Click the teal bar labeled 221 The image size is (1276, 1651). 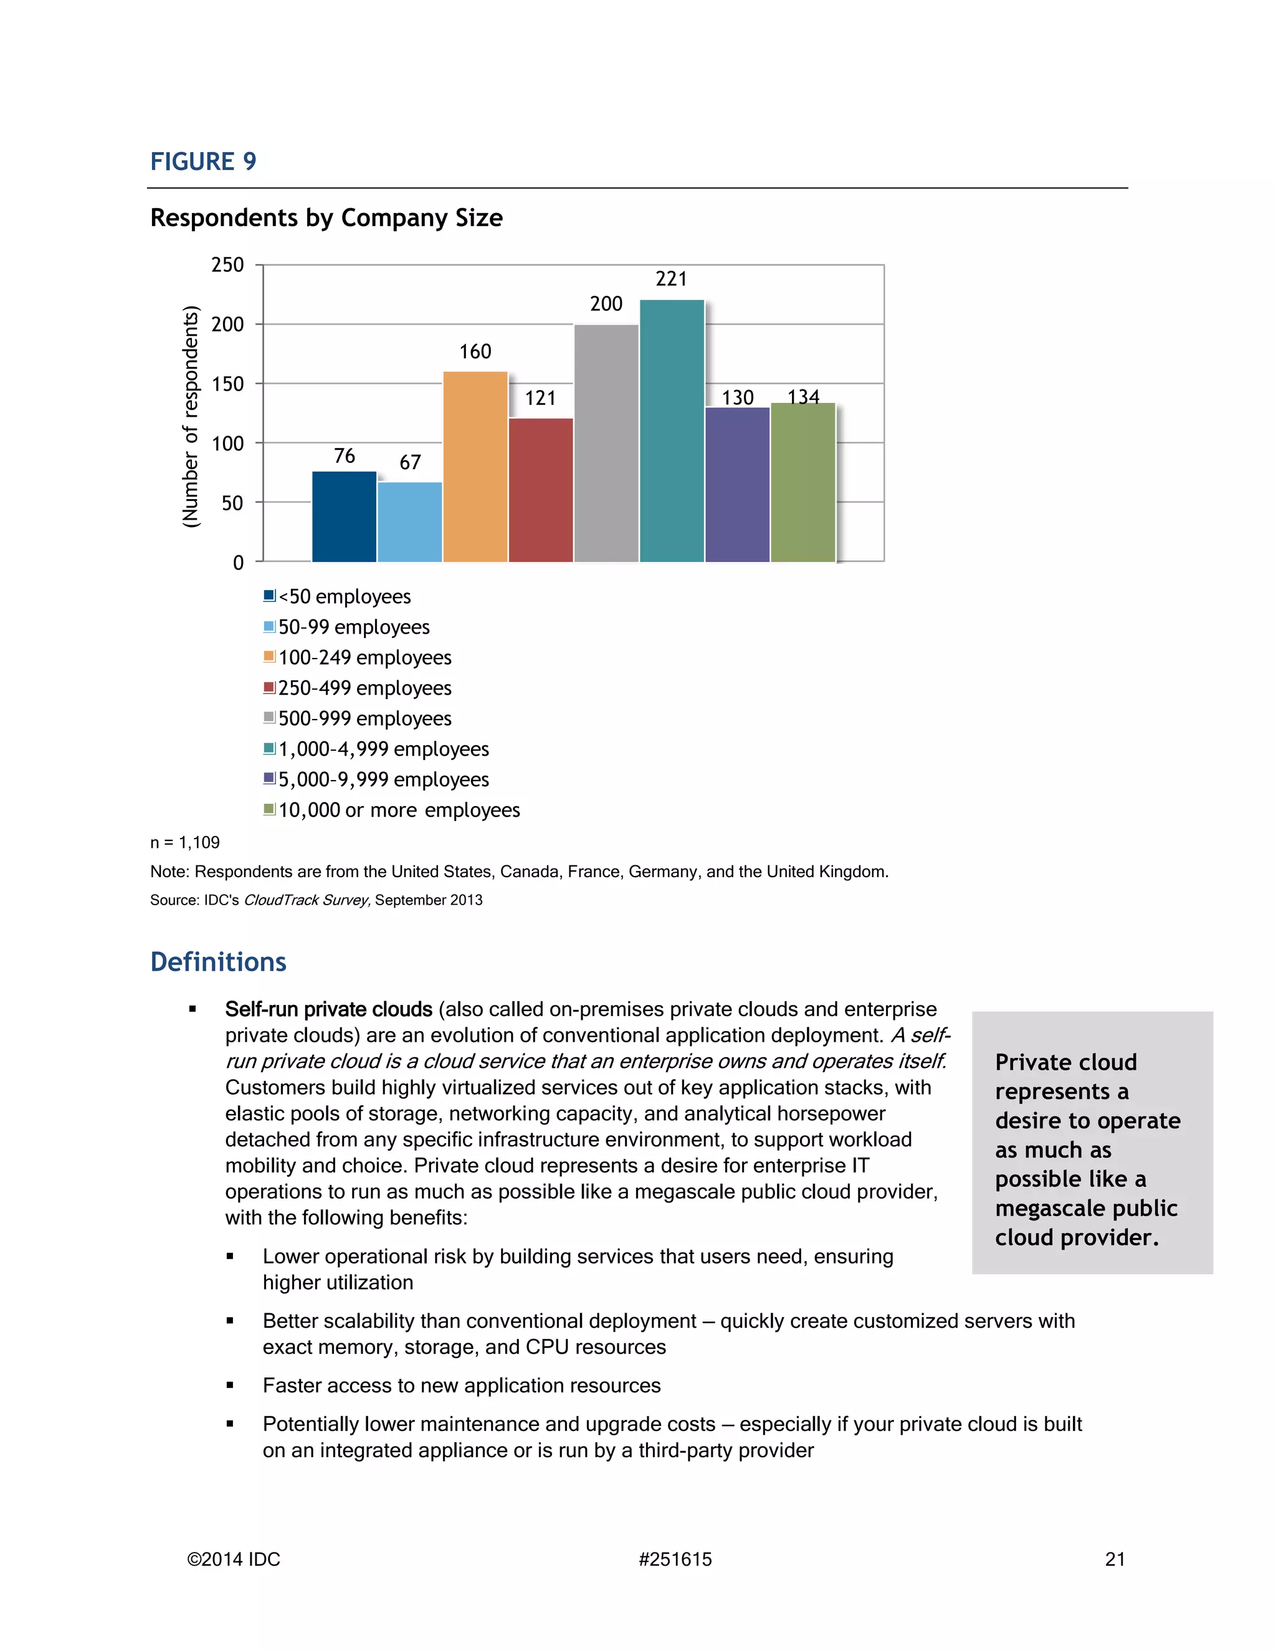pyautogui.click(x=671, y=431)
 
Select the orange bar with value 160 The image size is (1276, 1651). pyautogui.click(x=475, y=467)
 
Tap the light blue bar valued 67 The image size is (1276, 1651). pyautogui.click(x=410, y=521)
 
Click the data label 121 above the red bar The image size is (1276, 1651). pyautogui.click(x=540, y=398)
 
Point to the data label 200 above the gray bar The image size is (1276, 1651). pyautogui.click(x=606, y=304)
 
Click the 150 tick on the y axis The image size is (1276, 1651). pyautogui.click(x=227, y=384)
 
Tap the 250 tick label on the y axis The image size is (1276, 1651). pyautogui.click(x=227, y=265)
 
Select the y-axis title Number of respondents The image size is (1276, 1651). pyautogui.click(x=191, y=416)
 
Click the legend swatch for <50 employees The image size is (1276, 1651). pyautogui.click(x=269, y=596)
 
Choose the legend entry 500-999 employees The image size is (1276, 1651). pyautogui.click(x=364, y=718)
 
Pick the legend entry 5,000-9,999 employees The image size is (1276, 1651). pyautogui.click(x=383, y=779)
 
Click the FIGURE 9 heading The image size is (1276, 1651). pyautogui.click(x=203, y=162)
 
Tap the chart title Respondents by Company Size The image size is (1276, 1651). pyautogui.click(x=326, y=217)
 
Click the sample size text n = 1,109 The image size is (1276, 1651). pyautogui.click(x=185, y=842)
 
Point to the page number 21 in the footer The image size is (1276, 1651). pyautogui.click(x=1115, y=1559)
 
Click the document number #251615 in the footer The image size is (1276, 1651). pyautogui.click(x=675, y=1559)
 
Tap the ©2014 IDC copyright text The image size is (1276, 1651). pyautogui.click(x=234, y=1559)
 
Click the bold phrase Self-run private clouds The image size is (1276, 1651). pyautogui.click(x=328, y=1009)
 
